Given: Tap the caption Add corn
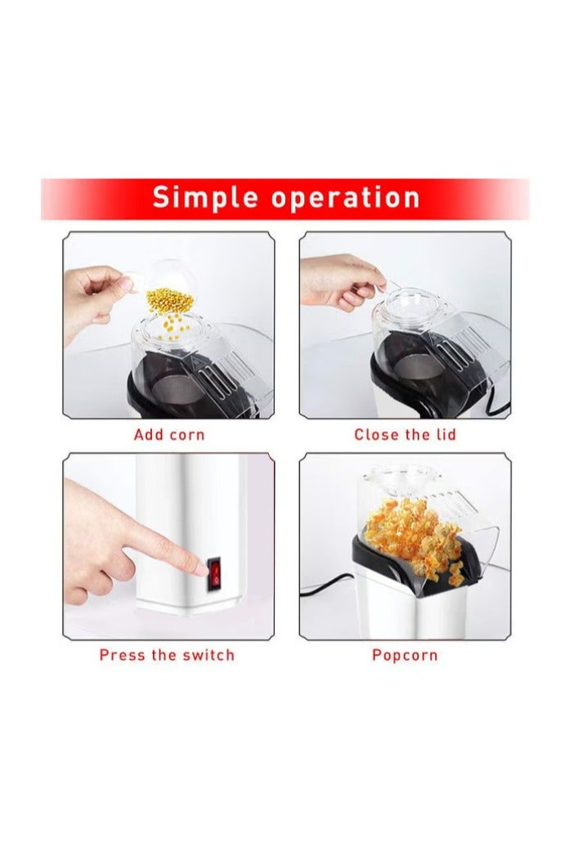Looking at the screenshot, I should coord(169,434).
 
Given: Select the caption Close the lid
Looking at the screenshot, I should coord(405,434).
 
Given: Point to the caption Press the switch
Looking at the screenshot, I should coord(167,655).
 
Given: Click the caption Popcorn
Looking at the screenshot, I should coord(405,655).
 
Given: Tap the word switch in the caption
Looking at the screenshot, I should coord(207,655).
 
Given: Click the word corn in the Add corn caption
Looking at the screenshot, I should coord(186,434).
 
